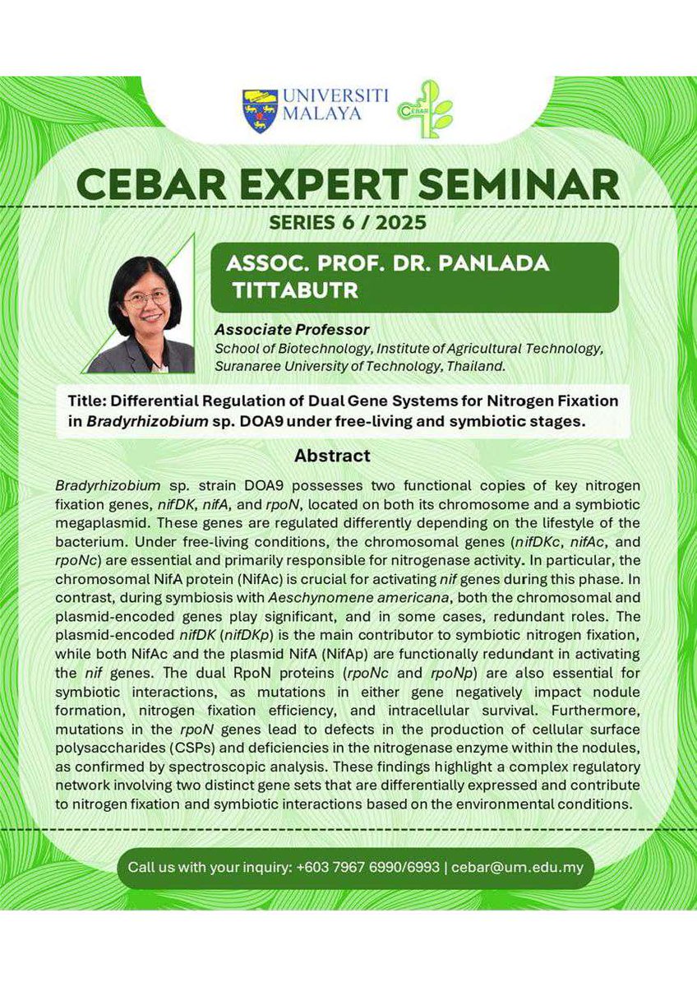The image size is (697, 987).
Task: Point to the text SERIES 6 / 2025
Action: tap(348, 222)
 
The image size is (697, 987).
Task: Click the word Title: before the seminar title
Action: tap(90, 401)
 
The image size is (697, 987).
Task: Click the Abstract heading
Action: tap(332, 455)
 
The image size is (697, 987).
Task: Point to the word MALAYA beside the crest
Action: tap(321, 114)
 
